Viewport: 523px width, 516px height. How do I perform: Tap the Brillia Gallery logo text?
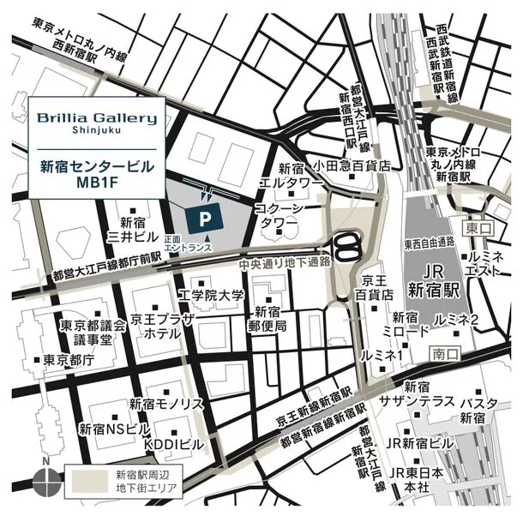(x=95, y=119)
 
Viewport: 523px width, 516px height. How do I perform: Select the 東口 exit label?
(x=476, y=229)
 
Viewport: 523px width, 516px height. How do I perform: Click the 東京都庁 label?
(x=68, y=361)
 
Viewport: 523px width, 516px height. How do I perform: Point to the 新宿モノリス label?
(x=166, y=403)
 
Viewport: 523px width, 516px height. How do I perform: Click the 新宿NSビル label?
(x=114, y=428)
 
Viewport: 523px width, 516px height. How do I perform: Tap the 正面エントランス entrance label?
(x=185, y=244)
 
